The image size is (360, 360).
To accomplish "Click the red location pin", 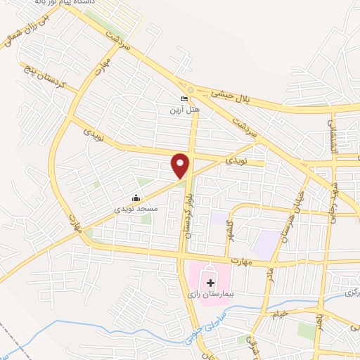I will pos(180,165).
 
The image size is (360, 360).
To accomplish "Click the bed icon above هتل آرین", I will pos(184,98).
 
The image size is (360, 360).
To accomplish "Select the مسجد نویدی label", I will pos(136,209).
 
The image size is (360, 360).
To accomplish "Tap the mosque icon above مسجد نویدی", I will pos(136,198).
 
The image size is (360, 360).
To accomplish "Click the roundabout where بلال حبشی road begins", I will pos(191,90).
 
